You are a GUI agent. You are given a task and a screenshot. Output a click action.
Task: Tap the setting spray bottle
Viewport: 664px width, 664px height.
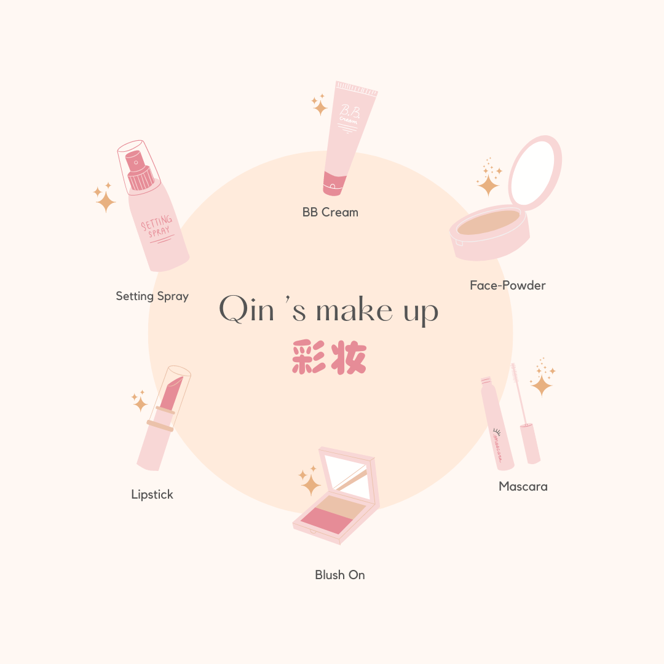click(153, 208)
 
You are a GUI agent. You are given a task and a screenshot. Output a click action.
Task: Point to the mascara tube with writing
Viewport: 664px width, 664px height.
click(497, 424)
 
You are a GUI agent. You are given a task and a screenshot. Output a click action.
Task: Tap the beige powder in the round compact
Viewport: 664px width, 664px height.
click(488, 222)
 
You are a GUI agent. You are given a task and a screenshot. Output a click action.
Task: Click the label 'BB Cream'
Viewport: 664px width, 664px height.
click(330, 212)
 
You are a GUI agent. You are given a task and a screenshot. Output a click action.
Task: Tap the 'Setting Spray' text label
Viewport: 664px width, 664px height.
click(152, 296)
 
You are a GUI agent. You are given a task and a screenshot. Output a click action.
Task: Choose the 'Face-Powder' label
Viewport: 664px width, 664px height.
click(508, 285)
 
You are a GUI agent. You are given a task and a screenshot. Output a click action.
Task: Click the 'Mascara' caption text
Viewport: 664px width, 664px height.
click(523, 486)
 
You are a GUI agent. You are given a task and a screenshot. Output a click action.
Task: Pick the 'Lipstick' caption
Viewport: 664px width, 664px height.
click(152, 494)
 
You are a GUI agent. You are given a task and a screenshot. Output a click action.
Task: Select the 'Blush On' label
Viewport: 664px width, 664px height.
click(339, 575)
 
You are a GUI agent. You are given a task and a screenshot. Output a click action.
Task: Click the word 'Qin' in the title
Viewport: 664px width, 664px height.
click(247, 309)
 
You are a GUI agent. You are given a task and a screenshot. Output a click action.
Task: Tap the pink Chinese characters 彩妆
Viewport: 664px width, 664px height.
click(329, 357)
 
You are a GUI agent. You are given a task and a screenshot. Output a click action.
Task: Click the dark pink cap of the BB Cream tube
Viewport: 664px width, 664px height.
click(334, 184)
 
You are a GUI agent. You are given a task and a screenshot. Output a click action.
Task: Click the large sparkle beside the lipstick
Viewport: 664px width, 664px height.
click(140, 403)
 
